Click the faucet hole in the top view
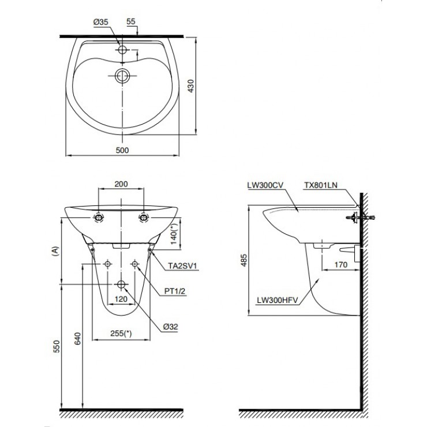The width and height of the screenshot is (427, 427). (122, 50)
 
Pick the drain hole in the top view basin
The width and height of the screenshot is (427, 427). (122, 75)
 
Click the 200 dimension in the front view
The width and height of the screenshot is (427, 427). (121, 184)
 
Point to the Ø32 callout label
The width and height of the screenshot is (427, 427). (170, 327)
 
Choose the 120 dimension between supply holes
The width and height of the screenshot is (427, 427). (121, 299)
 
